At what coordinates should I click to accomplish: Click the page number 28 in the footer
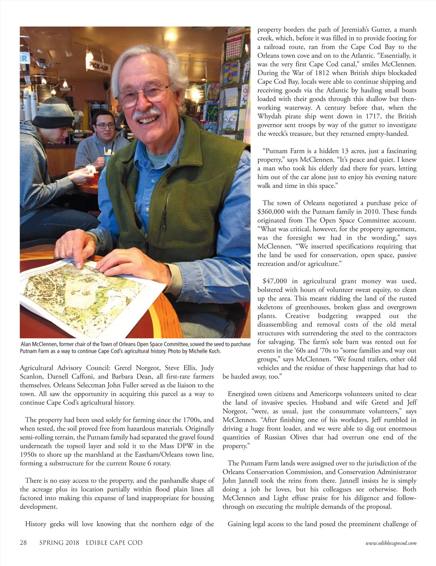[x=23, y=543]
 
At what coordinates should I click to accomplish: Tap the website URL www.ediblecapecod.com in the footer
[x=391, y=543]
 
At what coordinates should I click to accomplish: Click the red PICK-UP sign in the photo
[x=98, y=66]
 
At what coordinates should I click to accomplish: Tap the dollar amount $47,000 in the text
[x=275, y=281]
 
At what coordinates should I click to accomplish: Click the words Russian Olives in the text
[x=289, y=437]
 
